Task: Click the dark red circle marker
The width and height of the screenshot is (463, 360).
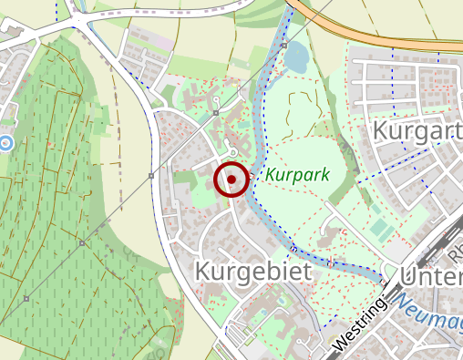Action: click(x=231, y=180)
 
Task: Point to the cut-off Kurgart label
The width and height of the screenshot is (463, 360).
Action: click(x=417, y=132)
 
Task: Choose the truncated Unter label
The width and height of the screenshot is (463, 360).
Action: click(x=431, y=275)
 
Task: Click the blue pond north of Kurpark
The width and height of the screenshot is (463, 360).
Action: click(x=296, y=60)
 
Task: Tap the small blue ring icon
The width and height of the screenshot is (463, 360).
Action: click(x=6, y=142)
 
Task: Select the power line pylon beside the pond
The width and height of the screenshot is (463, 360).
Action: click(x=284, y=45)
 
